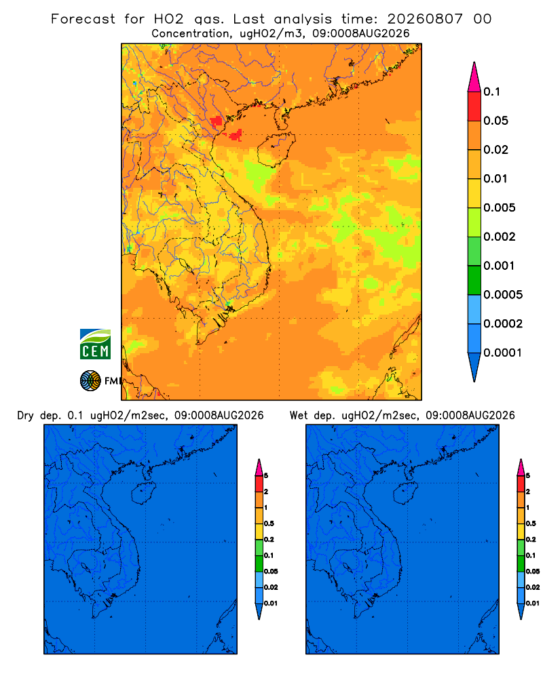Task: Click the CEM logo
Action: click(x=95, y=344)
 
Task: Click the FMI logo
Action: click(x=100, y=380)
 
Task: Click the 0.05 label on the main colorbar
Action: click(x=495, y=121)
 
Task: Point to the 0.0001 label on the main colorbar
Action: click(x=503, y=353)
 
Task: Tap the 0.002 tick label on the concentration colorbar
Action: click(x=500, y=237)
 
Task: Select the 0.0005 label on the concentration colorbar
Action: click(x=503, y=295)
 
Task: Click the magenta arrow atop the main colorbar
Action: click(x=474, y=77)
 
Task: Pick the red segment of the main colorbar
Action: click(x=474, y=106)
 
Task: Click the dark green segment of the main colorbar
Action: click(x=474, y=280)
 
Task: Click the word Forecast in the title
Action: click(x=83, y=19)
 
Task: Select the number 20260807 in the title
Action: click(x=425, y=19)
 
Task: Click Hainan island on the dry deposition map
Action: click(x=143, y=494)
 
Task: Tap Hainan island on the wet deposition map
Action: click(x=406, y=494)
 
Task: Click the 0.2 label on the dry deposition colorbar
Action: click(x=269, y=540)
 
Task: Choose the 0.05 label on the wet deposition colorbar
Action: click(x=533, y=572)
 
